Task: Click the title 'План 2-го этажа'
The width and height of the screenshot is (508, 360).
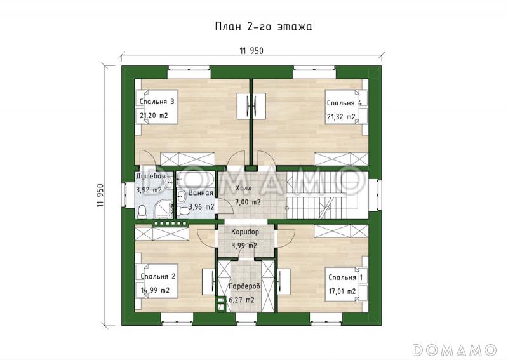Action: coord(264,27)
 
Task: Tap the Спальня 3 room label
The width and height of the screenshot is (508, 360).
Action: coord(157,102)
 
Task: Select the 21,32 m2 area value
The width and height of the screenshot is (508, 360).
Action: coord(341,117)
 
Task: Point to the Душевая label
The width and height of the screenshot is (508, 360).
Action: coord(150,177)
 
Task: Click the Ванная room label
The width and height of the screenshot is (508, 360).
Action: coord(201,193)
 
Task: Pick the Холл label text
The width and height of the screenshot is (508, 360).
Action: coord(243,189)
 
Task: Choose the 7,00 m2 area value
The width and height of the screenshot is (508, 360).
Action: coord(248,203)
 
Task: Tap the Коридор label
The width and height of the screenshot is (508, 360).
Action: coord(245,232)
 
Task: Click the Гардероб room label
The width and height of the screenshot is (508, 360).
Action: coord(244,286)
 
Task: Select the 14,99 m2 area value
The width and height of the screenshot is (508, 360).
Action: coord(155,290)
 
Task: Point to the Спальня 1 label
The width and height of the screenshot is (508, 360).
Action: coord(345,277)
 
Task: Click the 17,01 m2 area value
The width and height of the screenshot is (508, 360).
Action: coord(342,291)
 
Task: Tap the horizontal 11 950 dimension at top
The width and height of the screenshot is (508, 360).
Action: coord(251,51)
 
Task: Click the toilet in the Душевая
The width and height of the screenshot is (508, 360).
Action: coord(142,212)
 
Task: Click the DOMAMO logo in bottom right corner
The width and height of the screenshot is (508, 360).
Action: coord(455,349)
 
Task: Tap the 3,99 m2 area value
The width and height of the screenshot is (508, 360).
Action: coord(244,246)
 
